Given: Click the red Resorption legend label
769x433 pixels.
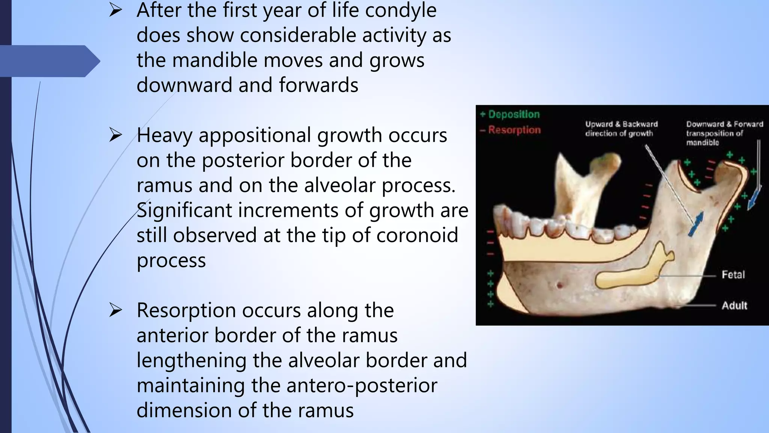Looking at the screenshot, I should click(514, 130).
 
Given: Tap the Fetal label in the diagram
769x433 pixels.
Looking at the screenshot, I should click(733, 275).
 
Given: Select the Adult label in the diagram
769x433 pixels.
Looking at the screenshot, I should click(734, 306).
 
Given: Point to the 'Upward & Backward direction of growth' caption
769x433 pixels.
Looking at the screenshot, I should click(621, 129).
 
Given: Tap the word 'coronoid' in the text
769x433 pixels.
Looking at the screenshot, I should click(417, 235).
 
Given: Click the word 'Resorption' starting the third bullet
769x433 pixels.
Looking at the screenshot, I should click(186, 310).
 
